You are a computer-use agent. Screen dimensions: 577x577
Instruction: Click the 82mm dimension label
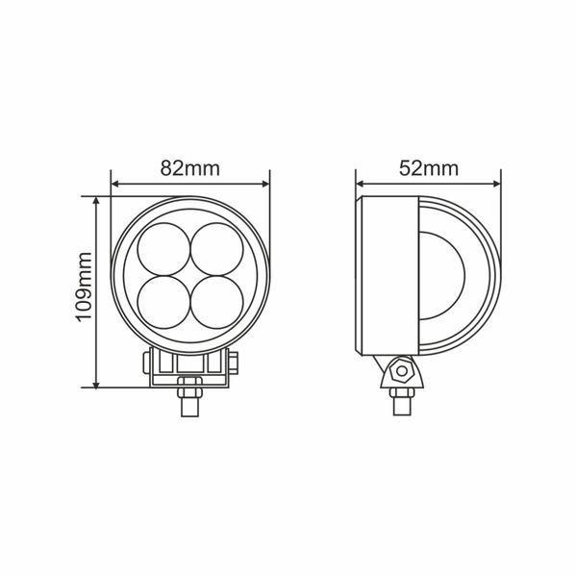pyautogui.click(x=189, y=168)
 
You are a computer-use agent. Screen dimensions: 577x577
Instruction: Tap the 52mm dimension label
pyautogui.click(x=429, y=168)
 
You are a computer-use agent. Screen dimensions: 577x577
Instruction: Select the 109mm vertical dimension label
pyautogui.click(x=84, y=287)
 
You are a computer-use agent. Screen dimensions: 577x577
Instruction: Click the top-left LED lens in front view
pyautogui.click(x=163, y=249)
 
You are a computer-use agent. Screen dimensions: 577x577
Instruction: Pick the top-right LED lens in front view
pyautogui.click(x=217, y=249)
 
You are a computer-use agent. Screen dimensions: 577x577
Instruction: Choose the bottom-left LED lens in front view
pyautogui.click(x=163, y=303)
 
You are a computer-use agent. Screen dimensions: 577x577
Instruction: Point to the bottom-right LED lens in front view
pyautogui.click(x=217, y=303)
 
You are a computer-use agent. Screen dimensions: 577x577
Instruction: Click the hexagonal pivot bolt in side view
pyautogui.click(x=402, y=370)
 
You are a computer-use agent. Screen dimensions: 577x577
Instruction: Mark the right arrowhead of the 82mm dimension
pyautogui.click(x=264, y=184)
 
